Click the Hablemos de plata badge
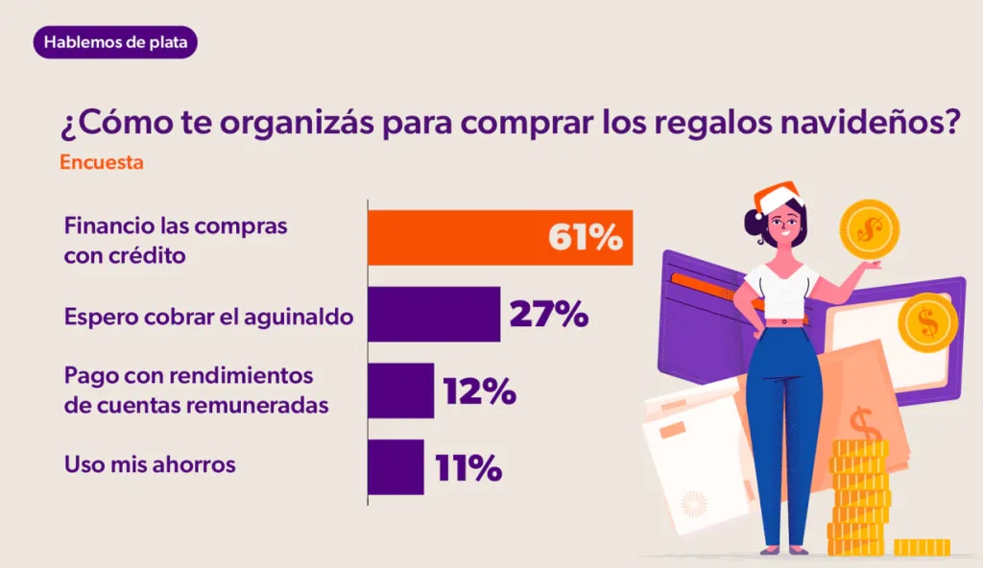tap(114, 42)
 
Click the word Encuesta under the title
tap(102, 162)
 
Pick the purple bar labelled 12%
tap(400, 390)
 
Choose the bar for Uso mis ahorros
tap(396, 466)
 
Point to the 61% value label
tap(585, 238)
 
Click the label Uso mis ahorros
tap(149, 464)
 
